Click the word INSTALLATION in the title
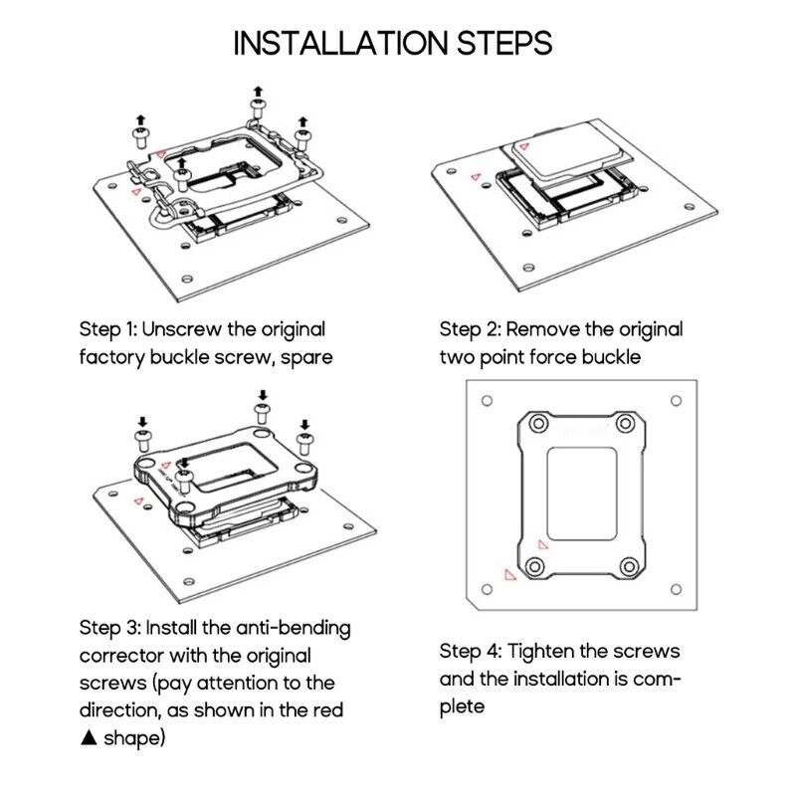coord(340,43)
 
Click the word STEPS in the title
coord(504,43)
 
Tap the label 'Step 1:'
coord(108,330)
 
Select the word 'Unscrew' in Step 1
coord(182,330)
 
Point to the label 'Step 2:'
coord(470,330)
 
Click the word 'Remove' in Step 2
coord(542,330)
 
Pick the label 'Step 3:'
coord(109,629)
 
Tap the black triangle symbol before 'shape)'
coord(89,737)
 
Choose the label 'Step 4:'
coord(471,652)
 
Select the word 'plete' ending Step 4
coord(462,707)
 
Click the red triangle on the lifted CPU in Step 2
coord(524,146)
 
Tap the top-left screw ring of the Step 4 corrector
coord(539,424)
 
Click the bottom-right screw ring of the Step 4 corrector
coord(629,566)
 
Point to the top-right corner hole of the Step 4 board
coord(677,401)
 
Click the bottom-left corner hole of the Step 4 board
coord(487,589)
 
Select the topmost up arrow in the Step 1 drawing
coord(259,92)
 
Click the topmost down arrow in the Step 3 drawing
coord(263,395)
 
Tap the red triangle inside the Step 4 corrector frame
coord(542,544)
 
